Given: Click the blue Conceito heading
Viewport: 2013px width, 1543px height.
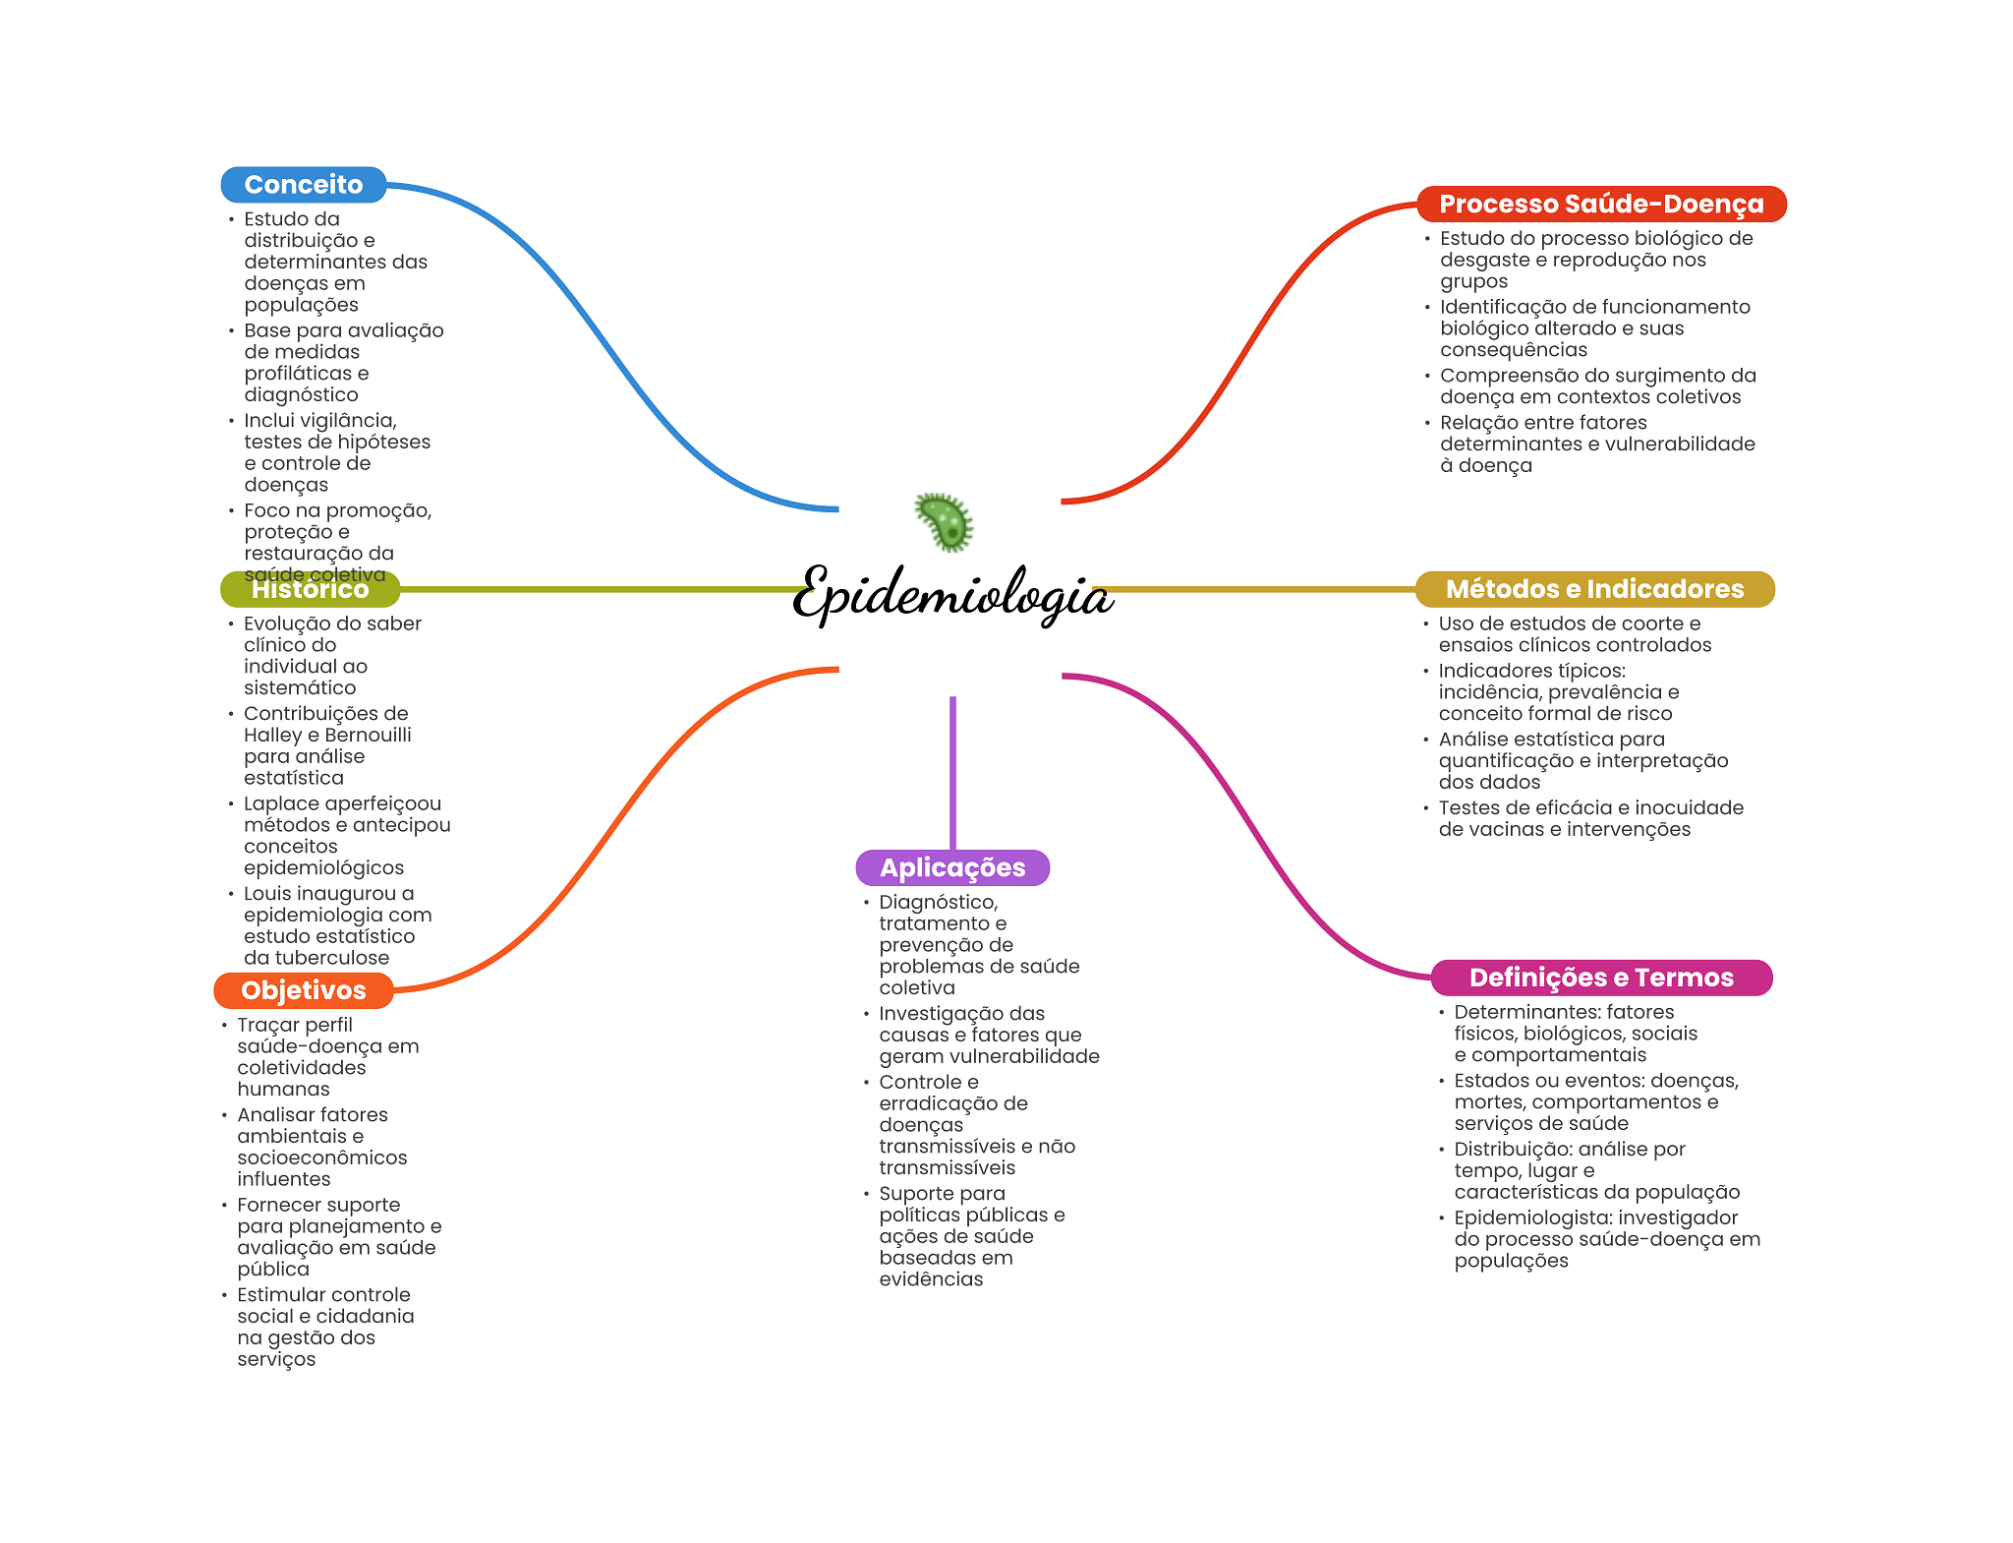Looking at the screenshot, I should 303,185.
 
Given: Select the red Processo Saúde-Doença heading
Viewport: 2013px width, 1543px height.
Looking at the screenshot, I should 1600,205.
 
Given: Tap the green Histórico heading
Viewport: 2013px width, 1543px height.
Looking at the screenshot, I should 310,589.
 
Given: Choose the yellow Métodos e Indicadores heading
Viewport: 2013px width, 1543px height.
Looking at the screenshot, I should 1593,589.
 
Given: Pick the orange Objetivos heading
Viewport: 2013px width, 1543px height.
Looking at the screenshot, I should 303,990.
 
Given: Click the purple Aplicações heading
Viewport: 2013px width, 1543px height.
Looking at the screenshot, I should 951,867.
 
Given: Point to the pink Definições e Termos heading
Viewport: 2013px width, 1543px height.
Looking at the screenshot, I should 1600,978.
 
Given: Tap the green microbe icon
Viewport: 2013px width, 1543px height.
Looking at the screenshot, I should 945,521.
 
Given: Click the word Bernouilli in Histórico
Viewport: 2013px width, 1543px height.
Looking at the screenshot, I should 368,735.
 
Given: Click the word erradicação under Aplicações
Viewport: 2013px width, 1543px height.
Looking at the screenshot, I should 952,1103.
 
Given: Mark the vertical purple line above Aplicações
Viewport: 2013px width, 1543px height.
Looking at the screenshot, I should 952,772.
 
